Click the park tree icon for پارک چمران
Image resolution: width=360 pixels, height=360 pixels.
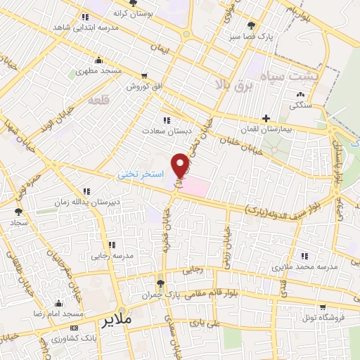pos(160,283)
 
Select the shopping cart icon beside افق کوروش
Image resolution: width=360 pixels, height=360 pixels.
pos(143,76)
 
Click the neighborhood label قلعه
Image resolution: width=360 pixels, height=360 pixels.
pos(96,100)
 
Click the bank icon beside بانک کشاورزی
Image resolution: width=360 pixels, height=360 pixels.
pos(75,328)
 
